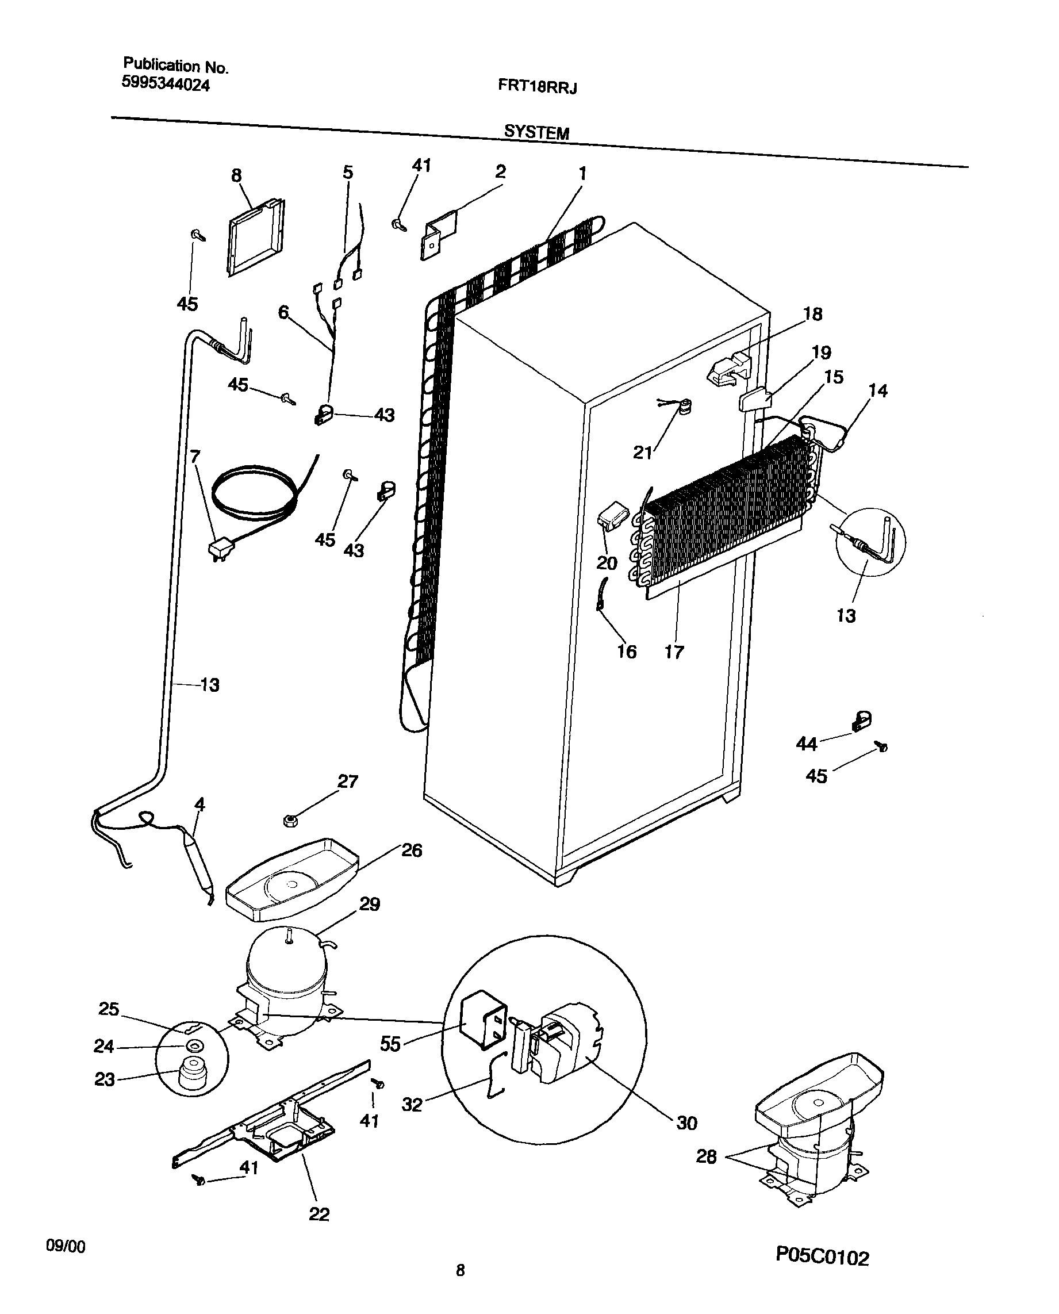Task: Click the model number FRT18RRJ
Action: pos(537,86)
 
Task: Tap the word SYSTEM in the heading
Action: pos(536,132)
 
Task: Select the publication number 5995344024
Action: pos(166,84)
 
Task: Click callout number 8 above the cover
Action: pos(236,176)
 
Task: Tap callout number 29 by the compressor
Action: pos(369,903)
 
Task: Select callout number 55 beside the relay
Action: pos(390,1044)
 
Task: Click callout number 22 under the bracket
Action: pos(319,1215)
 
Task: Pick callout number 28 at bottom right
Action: pos(706,1156)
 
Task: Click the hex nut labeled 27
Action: pos(290,821)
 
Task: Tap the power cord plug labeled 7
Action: pos(217,550)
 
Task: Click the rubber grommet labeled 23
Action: pos(191,1078)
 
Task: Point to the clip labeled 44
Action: pos(861,721)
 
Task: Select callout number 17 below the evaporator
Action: pos(673,652)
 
